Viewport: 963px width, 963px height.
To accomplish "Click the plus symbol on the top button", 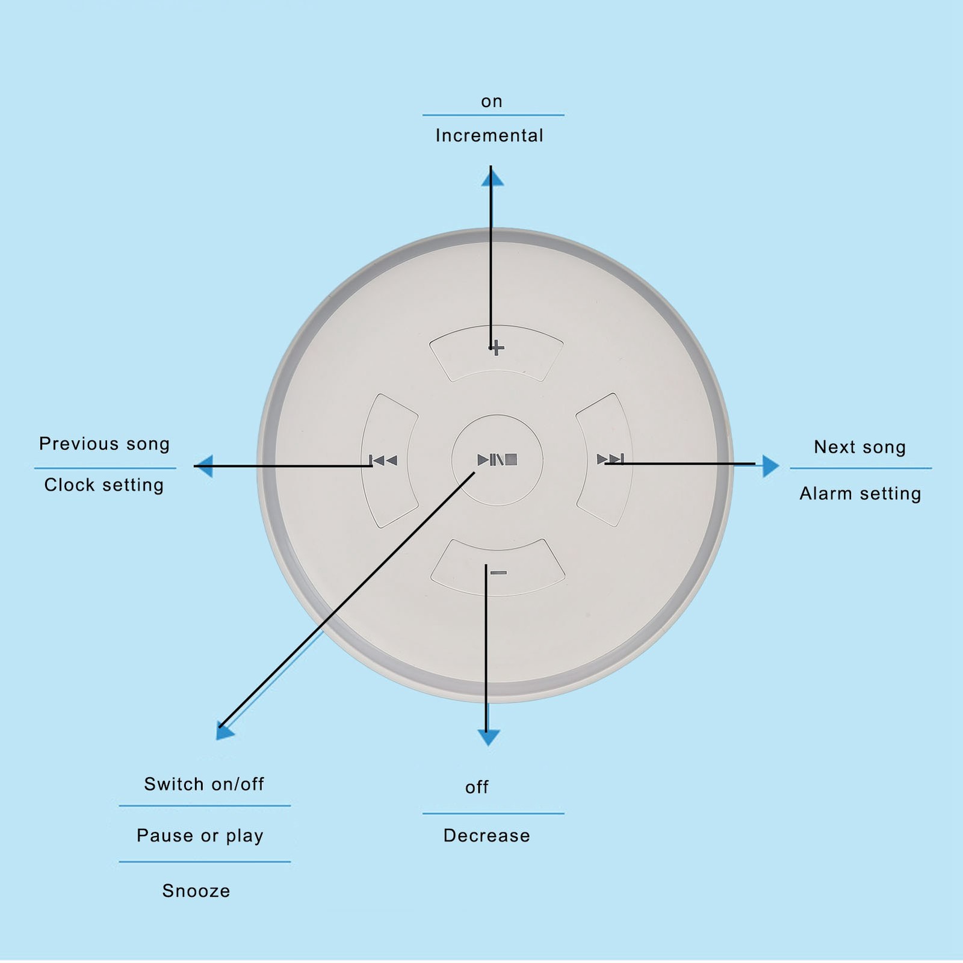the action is click(x=497, y=347).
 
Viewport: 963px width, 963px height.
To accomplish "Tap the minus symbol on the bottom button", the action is click(x=498, y=572).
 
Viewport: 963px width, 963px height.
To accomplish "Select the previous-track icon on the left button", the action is click(x=383, y=460).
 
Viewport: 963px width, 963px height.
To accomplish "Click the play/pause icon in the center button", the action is click(x=497, y=460).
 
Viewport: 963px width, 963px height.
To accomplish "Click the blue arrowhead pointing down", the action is click(x=488, y=738).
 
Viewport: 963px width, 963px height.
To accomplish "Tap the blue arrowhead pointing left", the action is click(x=205, y=466).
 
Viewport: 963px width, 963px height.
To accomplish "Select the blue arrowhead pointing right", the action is click(x=770, y=466).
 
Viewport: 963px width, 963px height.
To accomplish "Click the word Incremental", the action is click(x=489, y=135).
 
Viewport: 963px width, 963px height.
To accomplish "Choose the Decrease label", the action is click(x=487, y=835).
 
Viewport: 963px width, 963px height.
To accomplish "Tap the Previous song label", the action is click(x=105, y=444).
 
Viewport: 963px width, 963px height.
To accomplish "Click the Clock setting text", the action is click(x=104, y=485).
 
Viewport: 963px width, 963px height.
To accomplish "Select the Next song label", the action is click(x=860, y=447).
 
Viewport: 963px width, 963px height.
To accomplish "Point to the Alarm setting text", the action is click(x=861, y=494).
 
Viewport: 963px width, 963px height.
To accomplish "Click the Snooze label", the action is click(x=196, y=891).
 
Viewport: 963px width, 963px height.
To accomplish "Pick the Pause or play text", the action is click(x=200, y=836).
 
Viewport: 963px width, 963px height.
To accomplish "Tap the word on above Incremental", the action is click(x=492, y=102).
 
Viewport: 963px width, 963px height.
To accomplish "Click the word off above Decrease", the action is click(x=477, y=787).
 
